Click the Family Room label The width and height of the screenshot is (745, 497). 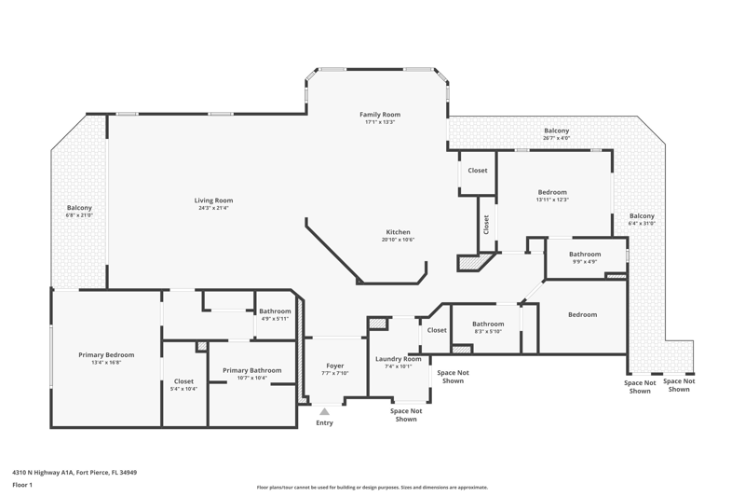point(380,114)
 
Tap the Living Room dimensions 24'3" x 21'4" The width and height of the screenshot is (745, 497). point(213,208)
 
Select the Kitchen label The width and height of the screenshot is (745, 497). point(398,231)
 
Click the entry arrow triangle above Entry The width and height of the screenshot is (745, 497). point(324,411)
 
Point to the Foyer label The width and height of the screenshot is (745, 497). point(335,366)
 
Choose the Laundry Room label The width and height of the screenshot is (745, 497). point(399,359)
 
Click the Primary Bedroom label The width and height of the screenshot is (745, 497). point(106,354)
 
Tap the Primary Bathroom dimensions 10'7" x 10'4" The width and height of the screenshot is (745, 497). point(251,378)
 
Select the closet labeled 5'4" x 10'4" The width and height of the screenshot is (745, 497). point(183,381)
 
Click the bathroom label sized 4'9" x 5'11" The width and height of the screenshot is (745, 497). point(275,311)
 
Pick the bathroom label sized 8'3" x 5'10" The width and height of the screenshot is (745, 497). point(488,324)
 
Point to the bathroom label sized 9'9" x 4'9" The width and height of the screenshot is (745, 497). point(585,254)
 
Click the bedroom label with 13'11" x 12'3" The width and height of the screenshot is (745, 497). point(552,192)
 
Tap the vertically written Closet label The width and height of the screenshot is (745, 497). point(486,225)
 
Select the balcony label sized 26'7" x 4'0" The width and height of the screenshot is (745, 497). point(556,131)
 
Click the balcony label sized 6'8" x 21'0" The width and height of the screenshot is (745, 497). point(79,208)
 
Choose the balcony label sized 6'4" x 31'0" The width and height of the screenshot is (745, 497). point(642,216)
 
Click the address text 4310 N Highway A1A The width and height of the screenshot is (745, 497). point(43,473)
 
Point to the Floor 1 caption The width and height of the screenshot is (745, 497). point(22,485)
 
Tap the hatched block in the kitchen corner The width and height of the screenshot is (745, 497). point(473,262)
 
